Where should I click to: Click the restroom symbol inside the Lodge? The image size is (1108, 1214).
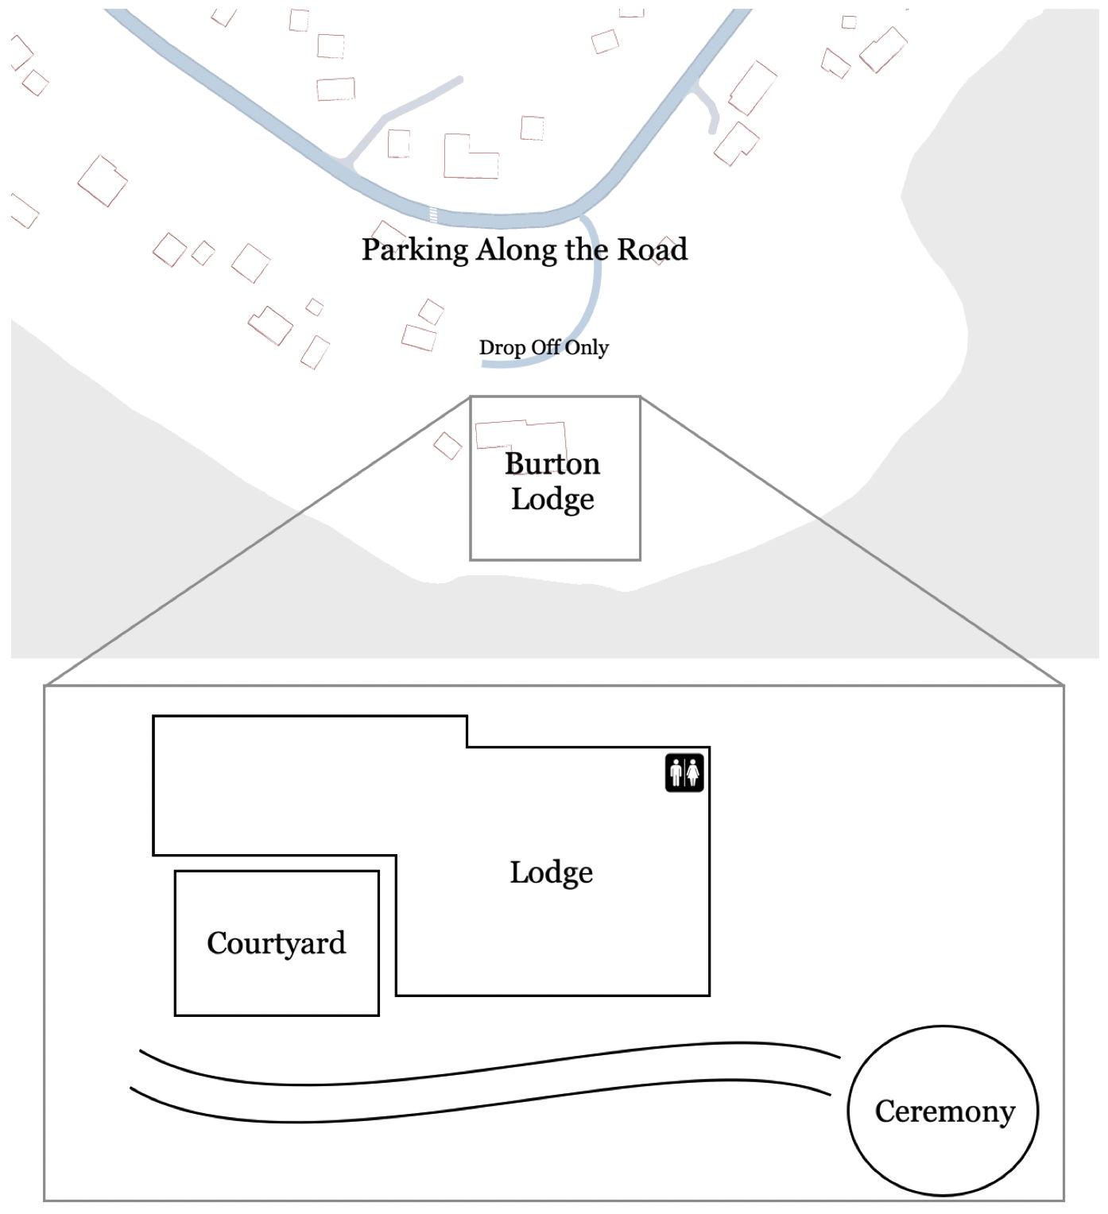pyautogui.click(x=684, y=773)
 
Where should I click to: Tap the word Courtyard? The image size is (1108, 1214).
pyautogui.click(x=276, y=943)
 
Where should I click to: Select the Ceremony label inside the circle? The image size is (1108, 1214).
pyautogui.click(x=944, y=1112)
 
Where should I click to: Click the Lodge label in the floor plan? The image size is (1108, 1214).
pyautogui.click(x=551, y=873)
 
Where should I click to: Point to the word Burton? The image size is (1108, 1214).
pyautogui.click(x=552, y=464)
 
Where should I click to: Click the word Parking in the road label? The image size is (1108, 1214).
pyautogui.click(x=415, y=250)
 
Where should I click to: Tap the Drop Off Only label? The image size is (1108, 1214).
pyautogui.click(x=544, y=348)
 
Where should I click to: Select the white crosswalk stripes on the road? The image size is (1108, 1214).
pyautogui.click(x=433, y=215)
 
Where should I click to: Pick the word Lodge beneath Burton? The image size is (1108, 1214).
pyautogui.click(x=552, y=500)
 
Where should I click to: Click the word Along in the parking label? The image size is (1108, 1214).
pyautogui.click(x=516, y=250)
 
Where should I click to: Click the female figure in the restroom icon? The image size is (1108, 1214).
pyautogui.click(x=693, y=773)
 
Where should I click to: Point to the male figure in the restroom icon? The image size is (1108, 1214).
pyautogui.click(x=676, y=773)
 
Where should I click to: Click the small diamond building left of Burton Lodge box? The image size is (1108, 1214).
pyautogui.click(x=447, y=446)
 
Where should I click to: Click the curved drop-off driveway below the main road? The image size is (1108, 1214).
pyautogui.click(x=596, y=291)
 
